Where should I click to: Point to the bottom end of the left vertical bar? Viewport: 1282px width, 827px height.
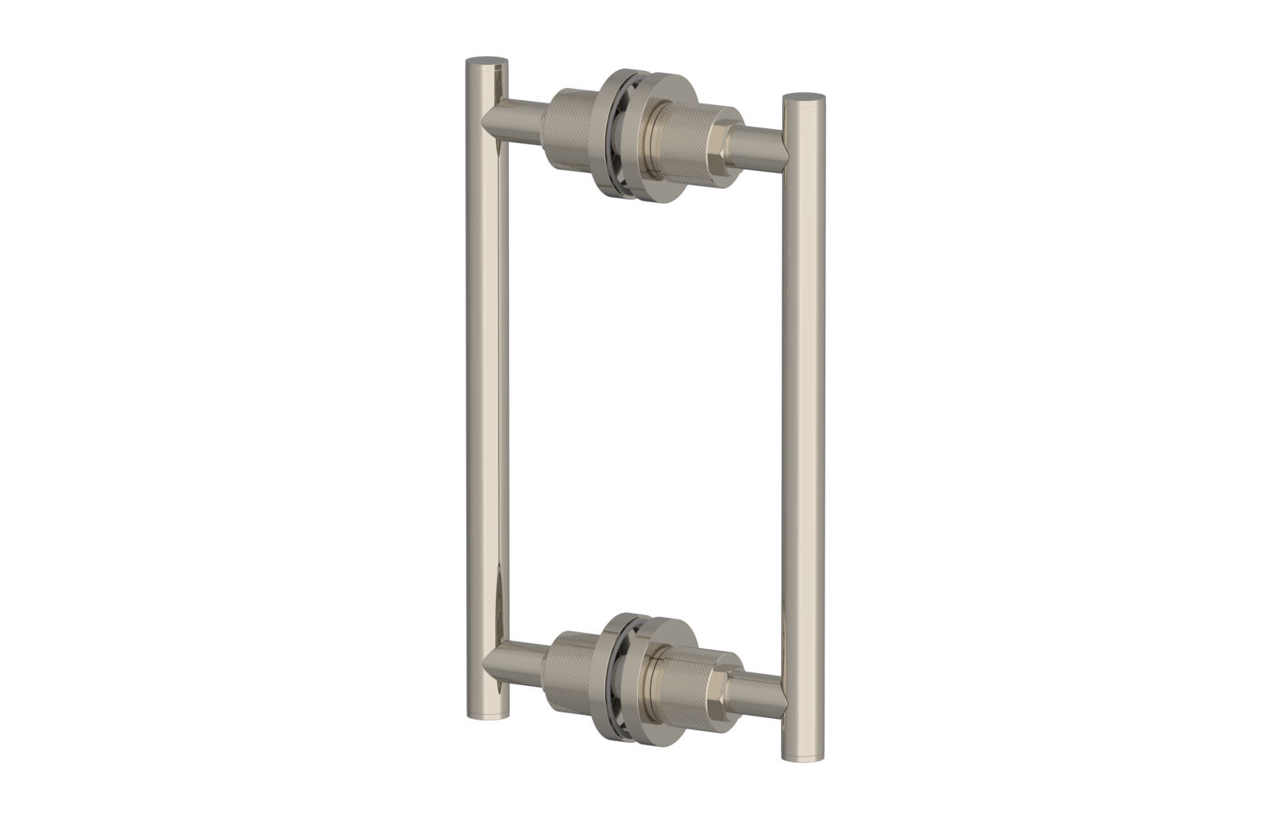[487, 712]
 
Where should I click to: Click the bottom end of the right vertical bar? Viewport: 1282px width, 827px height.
[803, 756]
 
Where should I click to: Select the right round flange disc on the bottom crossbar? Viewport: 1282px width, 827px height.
[651, 681]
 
